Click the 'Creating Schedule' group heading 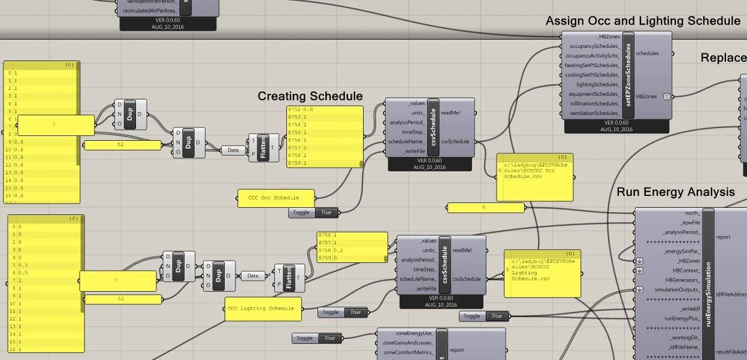pyautogui.click(x=310, y=96)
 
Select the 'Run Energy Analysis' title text pyautogui.click(x=675, y=192)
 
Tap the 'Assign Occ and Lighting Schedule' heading pyautogui.click(x=643, y=21)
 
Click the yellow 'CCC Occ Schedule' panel pyautogui.click(x=276, y=198)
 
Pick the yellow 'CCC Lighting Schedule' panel pyautogui.click(x=261, y=308)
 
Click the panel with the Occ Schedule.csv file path pyautogui.click(x=534, y=177)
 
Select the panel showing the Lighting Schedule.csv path pyautogui.click(x=542, y=274)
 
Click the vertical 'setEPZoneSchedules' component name pyautogui.click(x=628, y=75)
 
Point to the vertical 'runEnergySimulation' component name pyautogui.click(x=708, y=282)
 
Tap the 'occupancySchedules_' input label pyautogui.click(x=594, y=46)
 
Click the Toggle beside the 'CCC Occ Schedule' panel pyautogui.click(x=313, y=212)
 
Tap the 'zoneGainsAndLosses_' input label pyautogui.click(x=407, y=343)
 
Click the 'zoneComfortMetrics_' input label pyautogui.click(x=407, y=352)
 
